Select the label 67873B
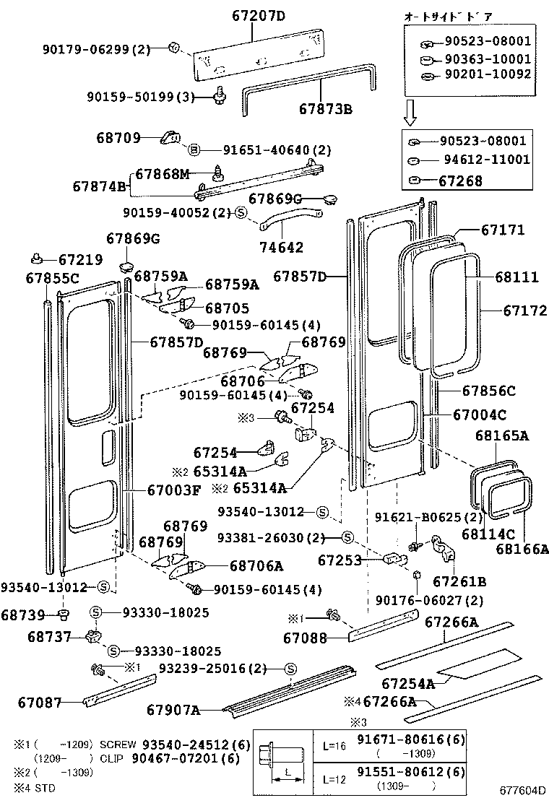(325, 110)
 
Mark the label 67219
(80, 259)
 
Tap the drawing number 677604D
(522, 791)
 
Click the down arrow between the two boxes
(410, 111)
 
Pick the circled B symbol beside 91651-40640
(194, 150)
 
